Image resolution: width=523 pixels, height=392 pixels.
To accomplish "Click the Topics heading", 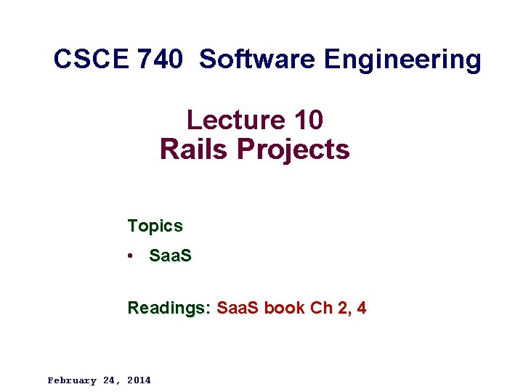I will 155,226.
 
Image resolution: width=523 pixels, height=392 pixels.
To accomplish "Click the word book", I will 285,308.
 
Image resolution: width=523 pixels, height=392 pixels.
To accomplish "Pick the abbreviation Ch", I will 320,308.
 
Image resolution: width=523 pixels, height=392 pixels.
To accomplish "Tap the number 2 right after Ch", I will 342,308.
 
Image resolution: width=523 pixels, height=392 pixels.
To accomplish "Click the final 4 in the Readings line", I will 361,308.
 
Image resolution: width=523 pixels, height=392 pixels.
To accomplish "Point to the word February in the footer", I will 71,380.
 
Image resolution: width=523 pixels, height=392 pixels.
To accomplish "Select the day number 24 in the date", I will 110,380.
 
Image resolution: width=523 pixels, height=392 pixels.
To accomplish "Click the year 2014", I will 139,380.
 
